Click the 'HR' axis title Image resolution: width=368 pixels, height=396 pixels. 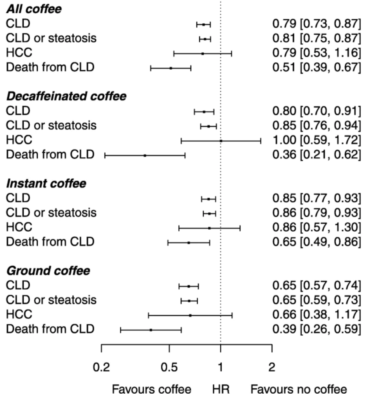220,388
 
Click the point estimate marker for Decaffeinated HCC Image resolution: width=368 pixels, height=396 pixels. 220,140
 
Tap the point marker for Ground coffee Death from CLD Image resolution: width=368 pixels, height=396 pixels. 151,330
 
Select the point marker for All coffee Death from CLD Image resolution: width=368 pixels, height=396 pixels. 171,68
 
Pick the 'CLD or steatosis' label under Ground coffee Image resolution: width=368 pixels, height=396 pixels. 51,300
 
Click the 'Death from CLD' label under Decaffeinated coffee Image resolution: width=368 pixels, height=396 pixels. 50,155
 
